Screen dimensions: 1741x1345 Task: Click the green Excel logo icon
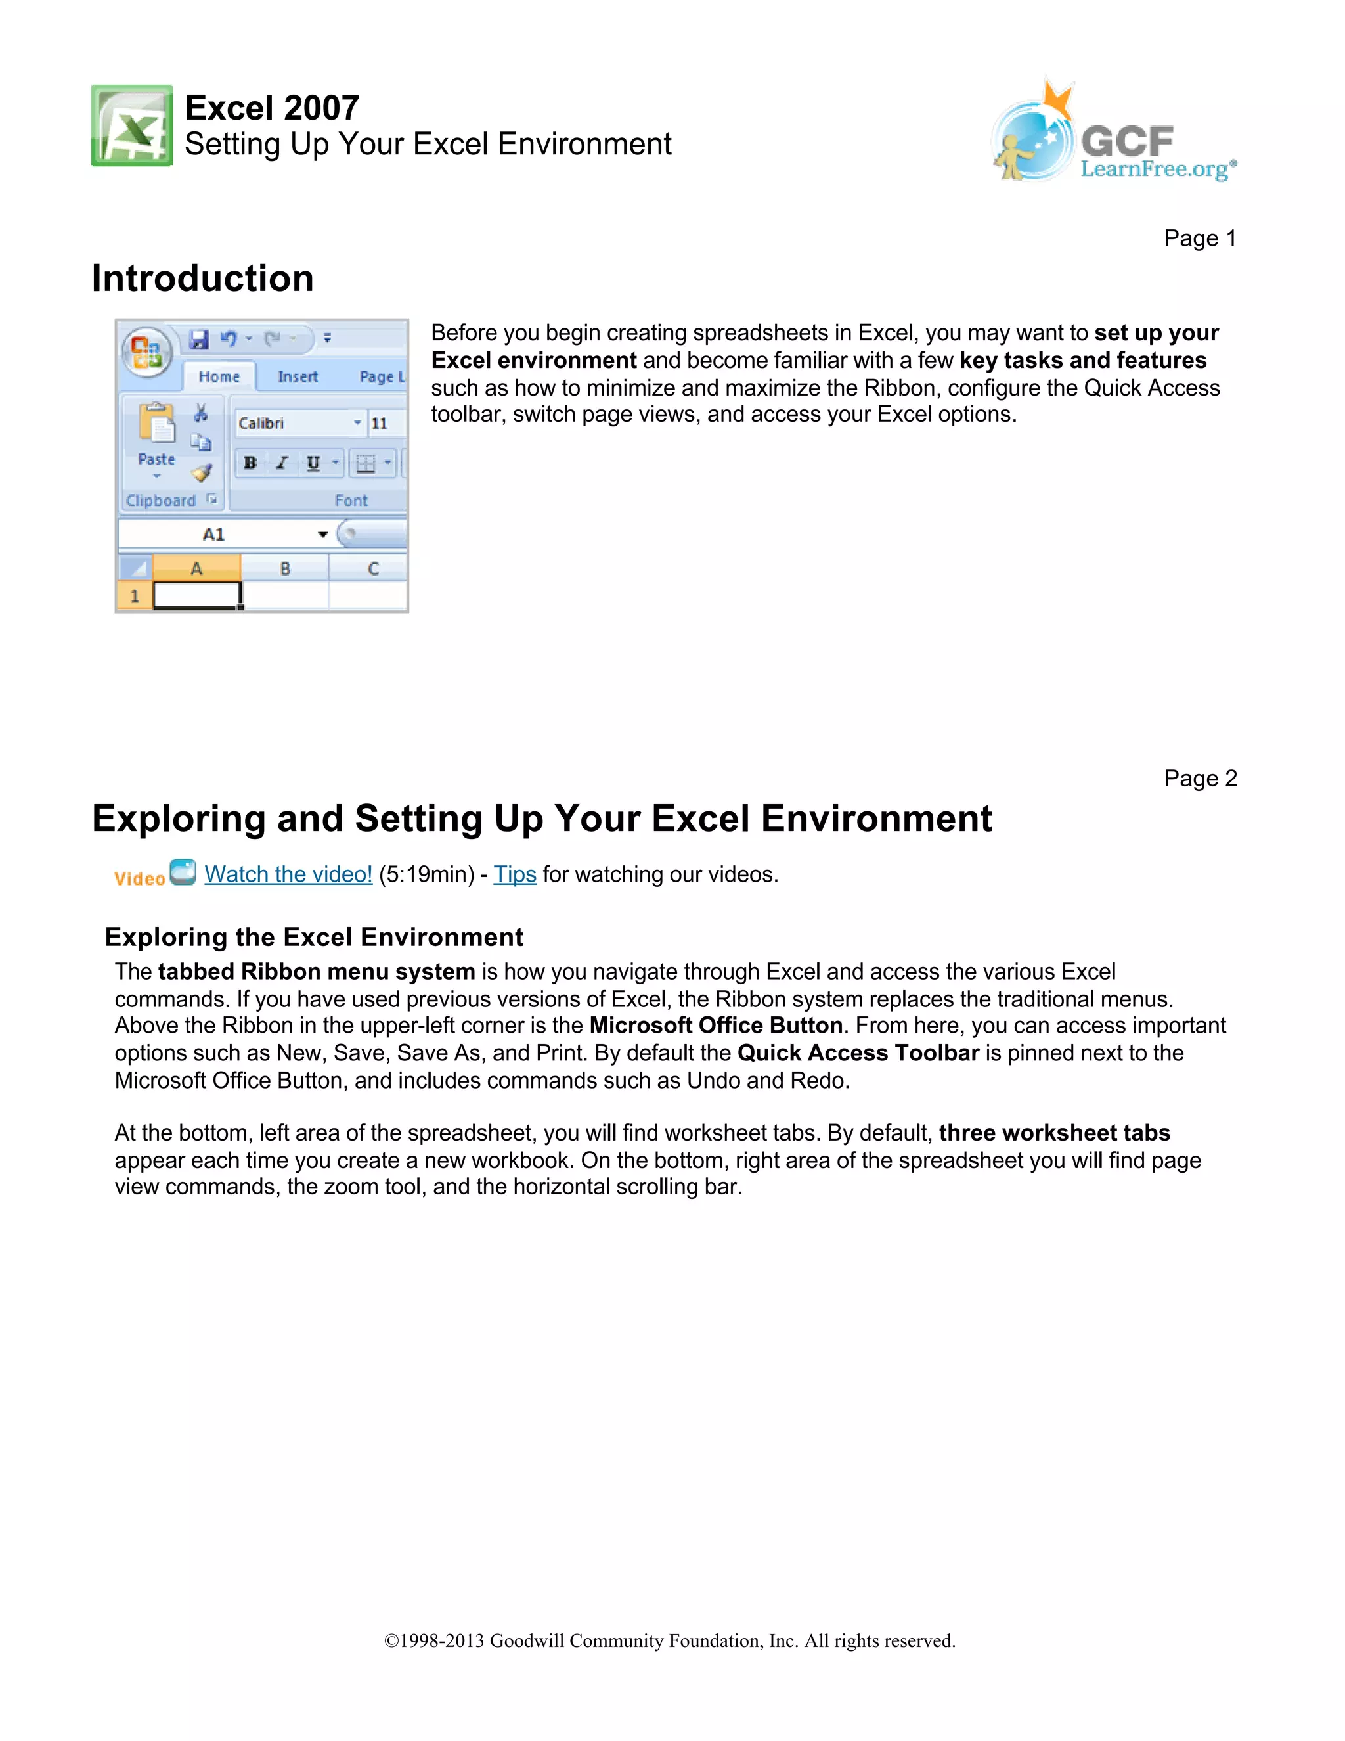click(x=131, y=126)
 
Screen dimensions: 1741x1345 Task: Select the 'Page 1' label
click(x=1199, y=238)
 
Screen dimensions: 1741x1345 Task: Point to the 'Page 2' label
click(x=1199, y=778)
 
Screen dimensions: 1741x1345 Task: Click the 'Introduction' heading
click(x=202, y=278)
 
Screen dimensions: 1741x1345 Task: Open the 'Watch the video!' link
click(x=288, y=874)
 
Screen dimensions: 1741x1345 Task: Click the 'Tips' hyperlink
click(x=515, y=874)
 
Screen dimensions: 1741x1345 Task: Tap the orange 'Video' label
click(x=139, y=878)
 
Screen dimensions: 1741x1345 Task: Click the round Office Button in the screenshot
click(x=146, y=351)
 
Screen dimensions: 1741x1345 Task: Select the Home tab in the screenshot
click(x=219, y=377)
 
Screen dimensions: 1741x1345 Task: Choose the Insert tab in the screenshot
click(x=298, y=377)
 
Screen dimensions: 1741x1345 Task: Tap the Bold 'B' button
click(x=250, y=463)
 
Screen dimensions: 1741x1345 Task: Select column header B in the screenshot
click(x=284, y=569)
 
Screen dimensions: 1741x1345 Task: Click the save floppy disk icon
click(x=198, y=340)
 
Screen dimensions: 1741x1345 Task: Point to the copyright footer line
click(x=669, y=1640)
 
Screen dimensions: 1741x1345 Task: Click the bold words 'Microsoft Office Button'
click(x=716, y=1026)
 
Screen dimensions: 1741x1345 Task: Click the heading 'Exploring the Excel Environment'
click(x=314, y=938)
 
